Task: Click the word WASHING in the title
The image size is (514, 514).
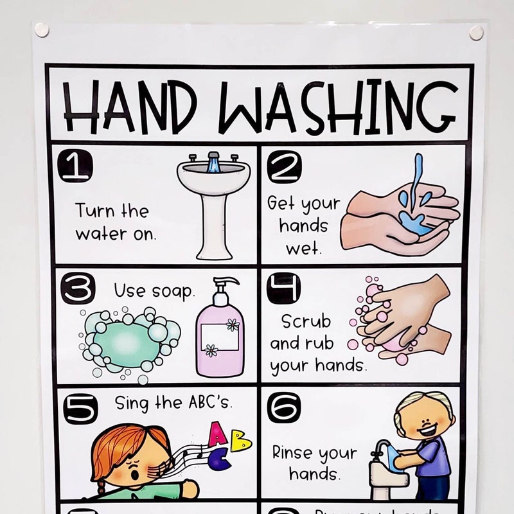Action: [x=337, y=105]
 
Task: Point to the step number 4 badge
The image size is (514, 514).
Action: [x=283, y=288]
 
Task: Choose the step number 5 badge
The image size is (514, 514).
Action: [x=80, y=408]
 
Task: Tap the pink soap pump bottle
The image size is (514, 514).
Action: [x=220, y=331]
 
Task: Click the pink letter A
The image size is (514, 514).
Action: [x=218, y=434]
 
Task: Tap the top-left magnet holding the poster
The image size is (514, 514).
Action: [x=42, y=30]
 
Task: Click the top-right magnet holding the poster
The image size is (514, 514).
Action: [x=476, y=33]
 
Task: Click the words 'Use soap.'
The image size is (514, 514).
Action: [x=154, y=291]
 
